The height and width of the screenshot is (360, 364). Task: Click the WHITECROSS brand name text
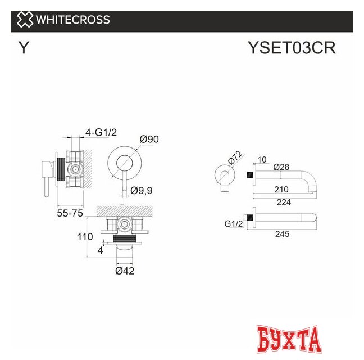point(73,20)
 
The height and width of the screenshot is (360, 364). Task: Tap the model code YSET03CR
point(292,48)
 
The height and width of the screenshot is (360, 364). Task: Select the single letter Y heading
point(24,48)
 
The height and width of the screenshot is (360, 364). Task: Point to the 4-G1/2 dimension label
point(101,132)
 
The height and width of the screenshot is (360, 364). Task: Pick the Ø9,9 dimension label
point(142,191)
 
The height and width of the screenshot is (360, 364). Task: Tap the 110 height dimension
point(85,237)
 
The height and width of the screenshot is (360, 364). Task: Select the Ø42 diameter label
point(125,271)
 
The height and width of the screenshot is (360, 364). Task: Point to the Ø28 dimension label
point(281,167)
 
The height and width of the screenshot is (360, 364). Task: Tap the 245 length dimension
point(283,233)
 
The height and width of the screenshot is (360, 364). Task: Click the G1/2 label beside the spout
point(233,223)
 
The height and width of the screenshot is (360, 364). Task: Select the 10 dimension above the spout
point(262,159)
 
